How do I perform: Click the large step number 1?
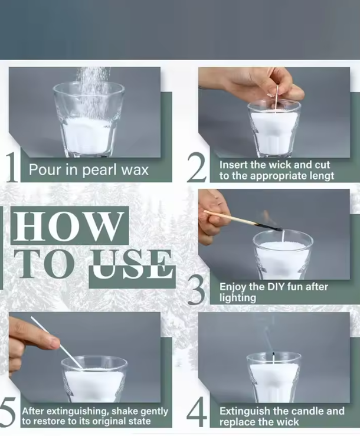(x=12, y=168)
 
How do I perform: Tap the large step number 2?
(x=197, y=167)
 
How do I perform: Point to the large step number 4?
(x=197, y=412)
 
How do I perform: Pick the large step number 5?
(x=7, y=412)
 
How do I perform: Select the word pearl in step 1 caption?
(x=99, y=170)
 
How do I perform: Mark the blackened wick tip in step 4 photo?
(x=273, y=355)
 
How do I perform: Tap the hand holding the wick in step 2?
(x=254, y=83)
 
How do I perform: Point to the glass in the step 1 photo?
(x=89, y=120)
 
